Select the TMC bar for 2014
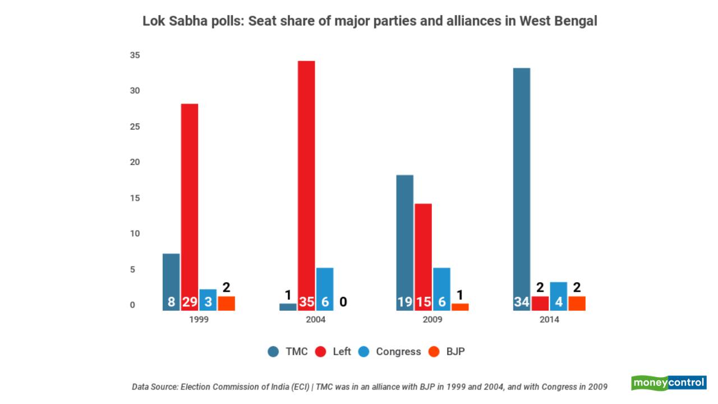click(x=522, y=185)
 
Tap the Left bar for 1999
click(x=189, y=202)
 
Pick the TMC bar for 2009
click(x=404, y=236)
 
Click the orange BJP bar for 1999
click(x=226, y=304)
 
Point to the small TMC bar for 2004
click(x=288, y=307)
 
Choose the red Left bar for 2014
click(x=540, y=304)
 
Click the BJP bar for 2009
click(x=460, y=307)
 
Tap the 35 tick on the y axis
click(x=135, y=55)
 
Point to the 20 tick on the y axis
click(x=135, y=162)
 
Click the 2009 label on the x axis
click(x=432, y=320)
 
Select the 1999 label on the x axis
click(x=199, y=320)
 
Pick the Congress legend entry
click(x=390, y=352)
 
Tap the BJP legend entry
click(x=447, y=352)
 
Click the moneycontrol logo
click(x=669, y=383)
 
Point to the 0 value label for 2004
click(x=343, y=302)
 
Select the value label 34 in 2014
click(x=522, y=302)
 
